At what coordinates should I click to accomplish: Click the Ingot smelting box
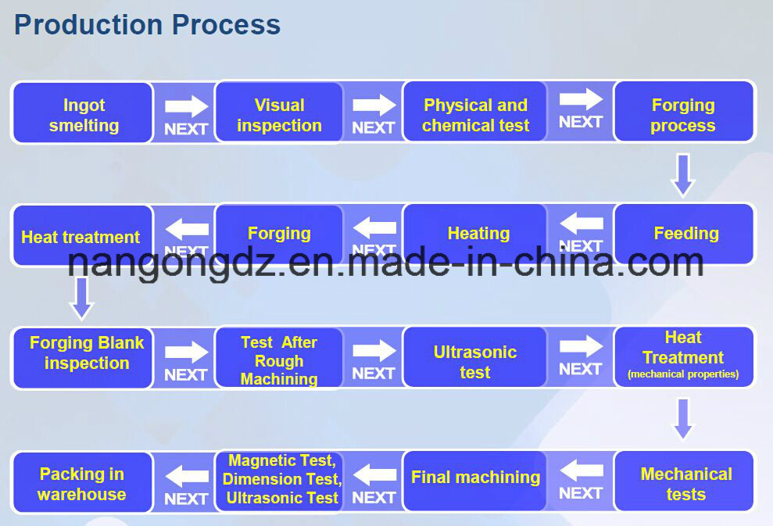pyautogui.click(x=83, y=114)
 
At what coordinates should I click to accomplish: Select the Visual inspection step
pyautogui.click(x=279, y=114)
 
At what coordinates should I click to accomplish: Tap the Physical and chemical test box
pyautogui.click(x=475, y=114)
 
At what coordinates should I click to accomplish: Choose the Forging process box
pyautogui.click(x=684, y=114)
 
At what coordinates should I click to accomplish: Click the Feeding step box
pyautogui.click(x=685, y=234)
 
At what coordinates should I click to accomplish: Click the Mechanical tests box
pyautogui.click(x=685, y=482)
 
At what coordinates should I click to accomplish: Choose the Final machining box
pyautogui.click(x=475, y=478)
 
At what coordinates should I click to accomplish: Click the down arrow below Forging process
pyautogui.click(x=683, y=174)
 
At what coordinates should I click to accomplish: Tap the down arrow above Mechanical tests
pyautogui.click(x=683, y=419)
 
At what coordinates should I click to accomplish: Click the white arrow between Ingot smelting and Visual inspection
pyautogui.click(x=186, y=106)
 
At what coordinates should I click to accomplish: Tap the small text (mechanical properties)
pyautogui.click(x=683, y=375)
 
